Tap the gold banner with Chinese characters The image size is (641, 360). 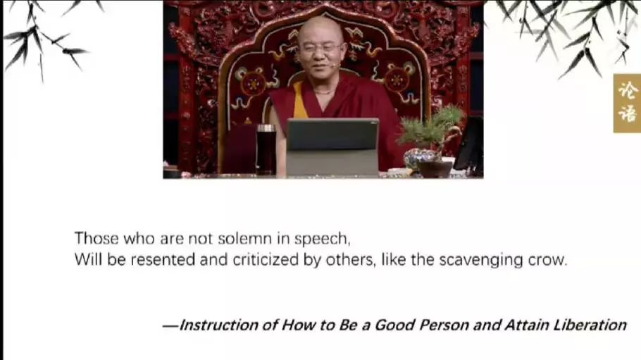pyautogui.click(x=627, y=103)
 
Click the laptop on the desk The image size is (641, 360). pyautogui.click(x=332, y=147)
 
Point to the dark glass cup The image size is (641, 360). pyautogui.click(x=266, y=149)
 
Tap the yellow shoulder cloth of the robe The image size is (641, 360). pyautogui.click(x=299, y=101)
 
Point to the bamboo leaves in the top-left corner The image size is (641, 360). pyautogui.click(x=45, y=38)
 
